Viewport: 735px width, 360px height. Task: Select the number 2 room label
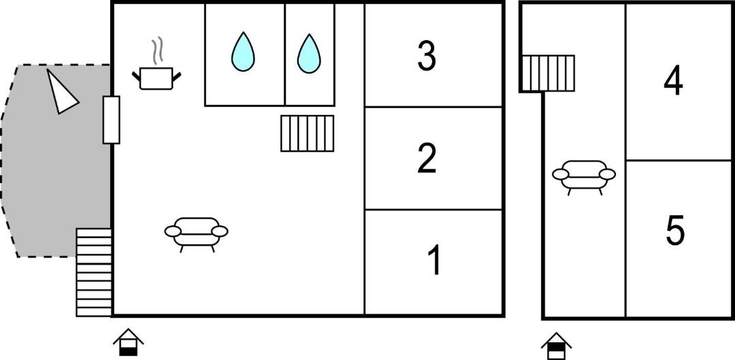coord(427,158)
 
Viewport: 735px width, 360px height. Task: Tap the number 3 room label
coord(427,56)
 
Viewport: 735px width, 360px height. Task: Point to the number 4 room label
coord(673,80)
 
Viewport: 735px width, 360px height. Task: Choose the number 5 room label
coord(675,230)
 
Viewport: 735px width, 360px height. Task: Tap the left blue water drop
coord(243,52)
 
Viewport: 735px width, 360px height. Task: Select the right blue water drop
coord(309,54)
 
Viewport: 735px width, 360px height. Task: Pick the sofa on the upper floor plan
coord(584,177)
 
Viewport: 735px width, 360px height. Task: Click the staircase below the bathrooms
coord(308,133)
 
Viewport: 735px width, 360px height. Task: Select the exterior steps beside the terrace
coord(94,272)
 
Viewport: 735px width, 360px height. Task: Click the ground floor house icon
coord(129,342)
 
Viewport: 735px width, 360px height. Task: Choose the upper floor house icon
coord(557,346)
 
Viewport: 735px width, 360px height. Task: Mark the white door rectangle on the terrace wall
coord(112,120)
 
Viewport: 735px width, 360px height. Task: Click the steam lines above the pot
coord(157,50)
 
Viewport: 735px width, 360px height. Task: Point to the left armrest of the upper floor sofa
coord(561,174)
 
